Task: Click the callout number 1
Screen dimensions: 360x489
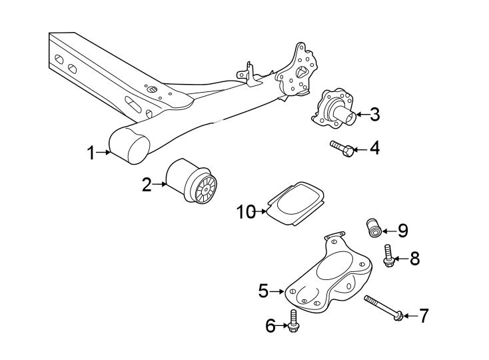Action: click(x=91, y=153)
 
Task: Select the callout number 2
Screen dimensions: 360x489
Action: click(x=147, y=185)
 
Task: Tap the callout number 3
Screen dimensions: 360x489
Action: click(x=374, y=115)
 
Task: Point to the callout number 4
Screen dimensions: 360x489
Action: click(x=374, y=148)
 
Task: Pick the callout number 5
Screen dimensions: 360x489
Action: click(x=263, y=291)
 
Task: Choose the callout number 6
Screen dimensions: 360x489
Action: click(x=270, y=326)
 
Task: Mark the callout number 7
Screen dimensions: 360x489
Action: click(x=424, y=316)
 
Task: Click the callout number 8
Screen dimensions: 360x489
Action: click(x=414, y=259)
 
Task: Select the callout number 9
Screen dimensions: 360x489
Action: click(x=402, y=231)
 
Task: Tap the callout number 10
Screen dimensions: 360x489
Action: click(x=246, y=213)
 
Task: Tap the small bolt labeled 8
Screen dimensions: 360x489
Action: click(x=388, y=256)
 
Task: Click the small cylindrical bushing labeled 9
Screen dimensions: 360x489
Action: click(x=374, y=227)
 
